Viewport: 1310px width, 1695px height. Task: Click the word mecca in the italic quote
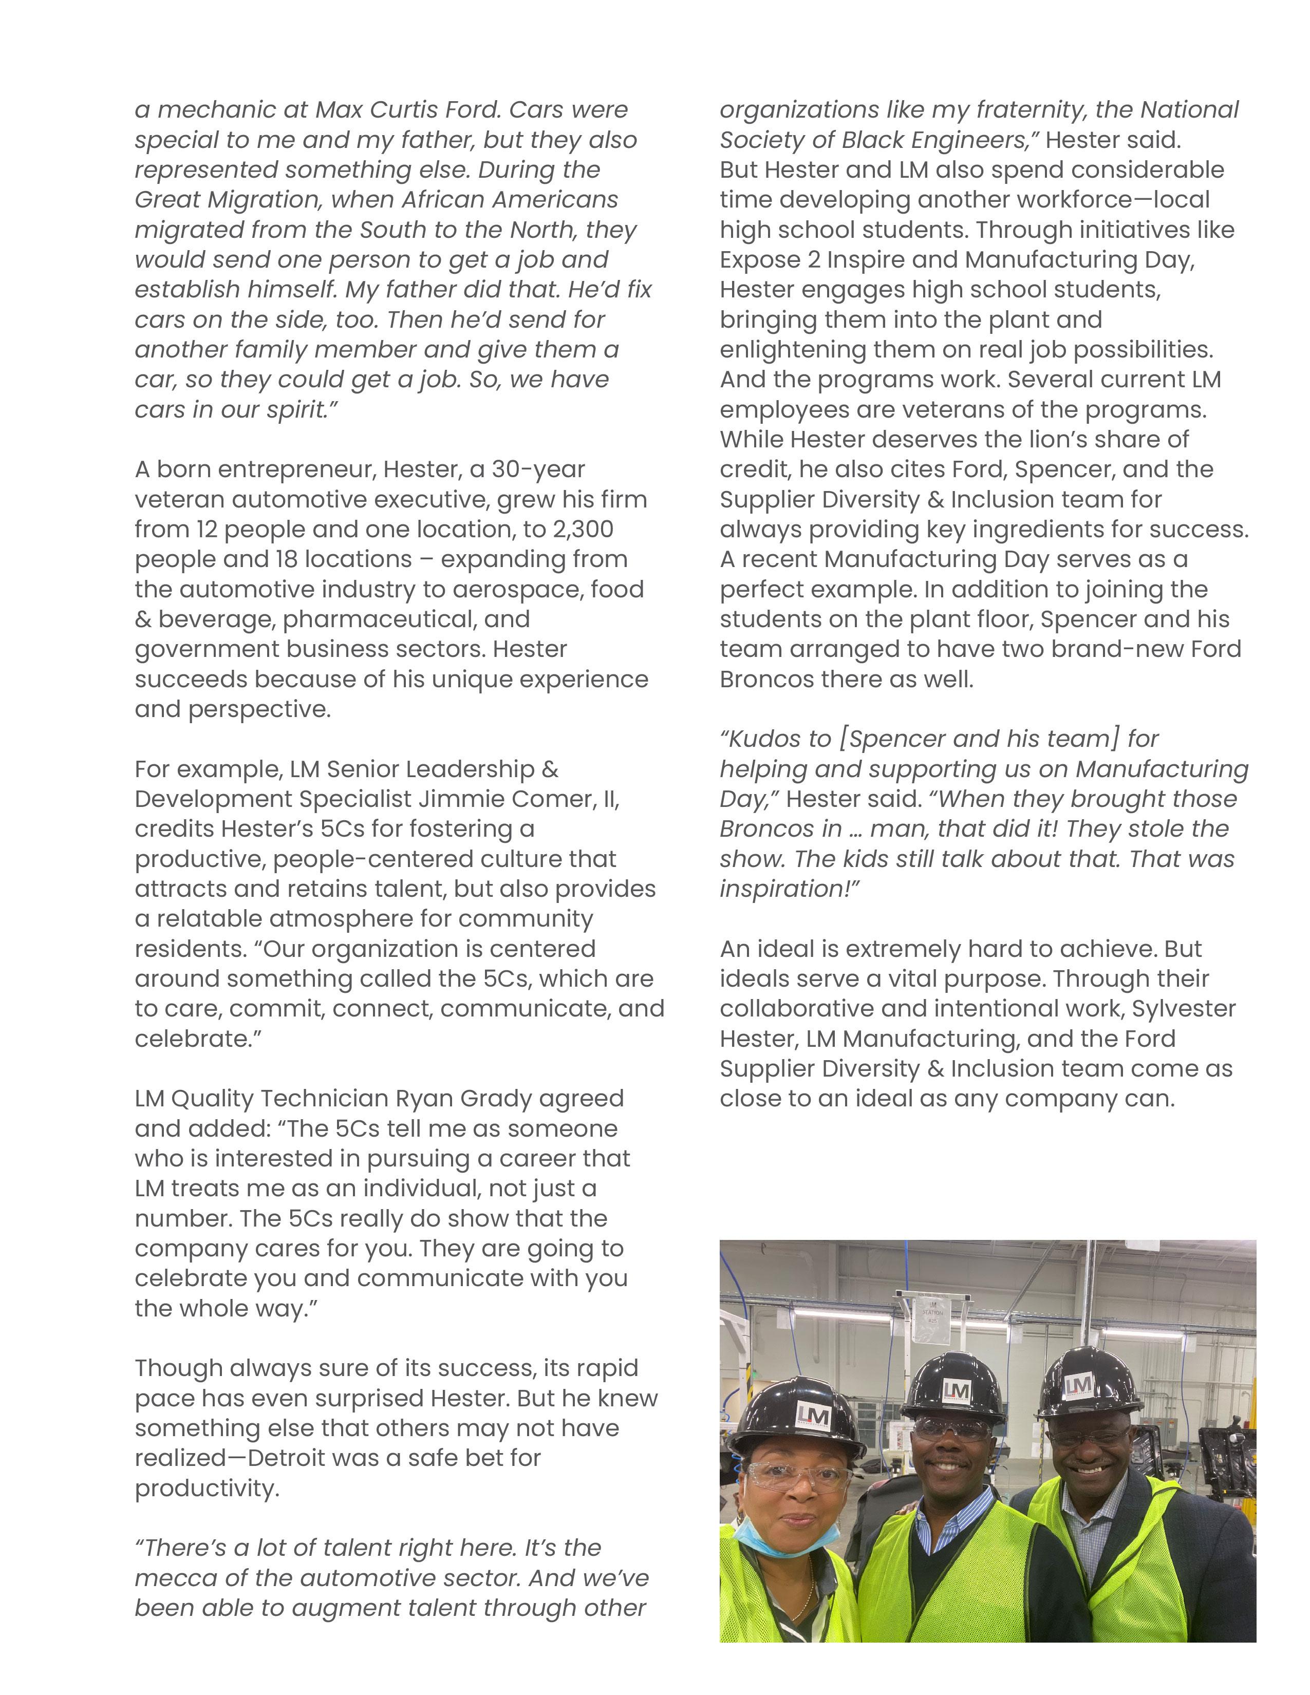click(175, 1578)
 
